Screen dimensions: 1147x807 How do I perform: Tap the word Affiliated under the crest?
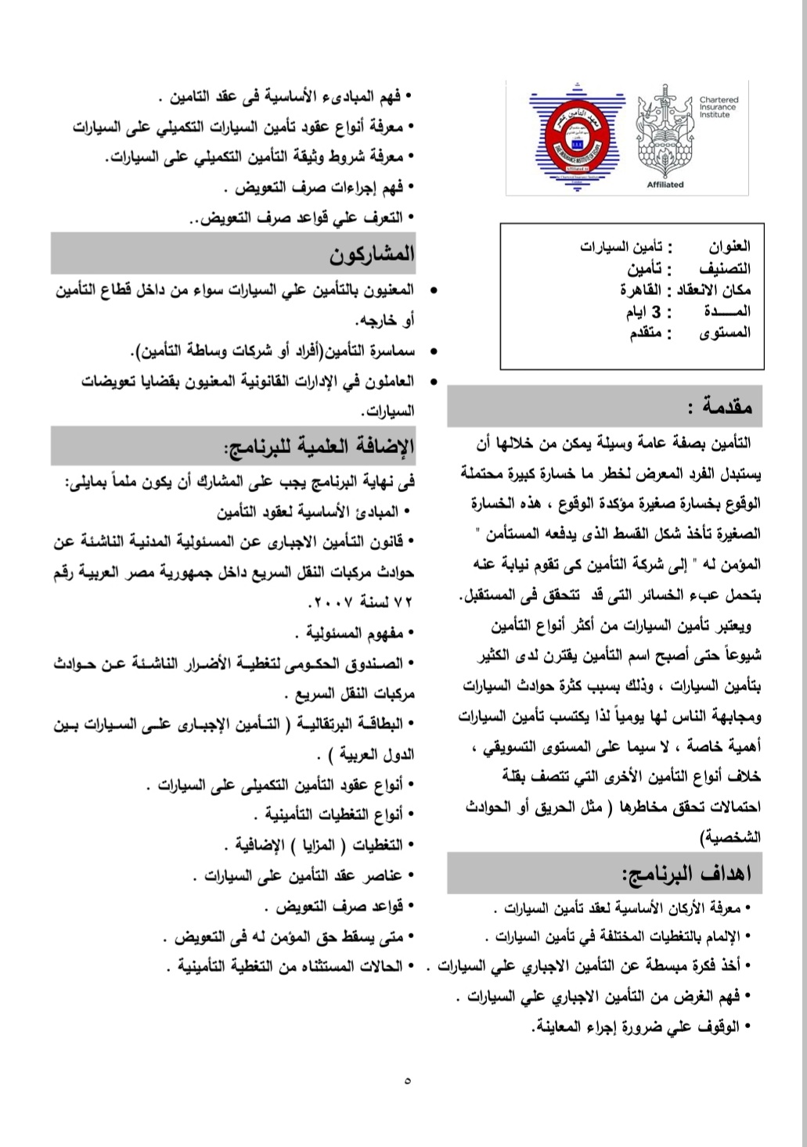pos(665,185)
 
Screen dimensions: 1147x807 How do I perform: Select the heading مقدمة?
pos(719,407)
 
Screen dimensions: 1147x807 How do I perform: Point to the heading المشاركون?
pos(372,254)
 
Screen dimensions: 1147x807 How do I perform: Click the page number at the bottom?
pos(407,1082)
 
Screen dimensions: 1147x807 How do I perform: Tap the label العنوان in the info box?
pos(729,248)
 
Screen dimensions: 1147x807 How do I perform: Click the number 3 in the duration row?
pos(657,312)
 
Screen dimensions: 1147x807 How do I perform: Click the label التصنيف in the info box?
pos(726,269)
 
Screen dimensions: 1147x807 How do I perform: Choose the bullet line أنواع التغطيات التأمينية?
pos(333,815)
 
